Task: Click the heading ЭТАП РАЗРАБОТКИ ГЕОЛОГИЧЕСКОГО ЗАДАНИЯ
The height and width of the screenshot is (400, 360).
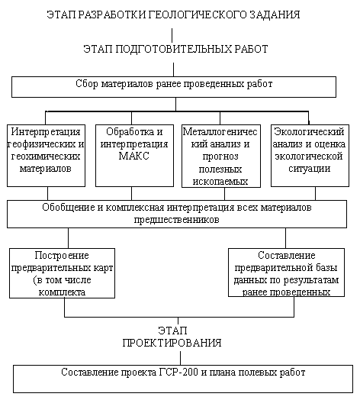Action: pos(173,15)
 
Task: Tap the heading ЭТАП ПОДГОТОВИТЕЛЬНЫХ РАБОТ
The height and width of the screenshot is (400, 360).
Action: pos(175,49)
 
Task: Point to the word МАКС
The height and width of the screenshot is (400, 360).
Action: pos(133,156)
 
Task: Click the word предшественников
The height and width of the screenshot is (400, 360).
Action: pos(176,220)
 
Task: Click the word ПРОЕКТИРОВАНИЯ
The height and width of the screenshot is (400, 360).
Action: pos(172,343)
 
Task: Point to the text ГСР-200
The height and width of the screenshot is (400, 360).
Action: pos(178,373)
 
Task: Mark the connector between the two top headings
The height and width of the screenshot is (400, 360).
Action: pos(172,35)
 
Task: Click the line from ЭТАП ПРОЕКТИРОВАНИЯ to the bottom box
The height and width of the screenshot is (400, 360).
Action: pos(180,358)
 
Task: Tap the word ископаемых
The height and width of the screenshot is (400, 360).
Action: pos(220,182)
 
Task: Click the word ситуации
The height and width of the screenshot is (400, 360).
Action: pos(310,169)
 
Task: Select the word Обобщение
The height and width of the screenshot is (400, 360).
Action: pos(69,207)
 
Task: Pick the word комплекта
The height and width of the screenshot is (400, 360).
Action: pos(62,292)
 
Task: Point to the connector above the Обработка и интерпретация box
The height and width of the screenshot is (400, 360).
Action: pos(131,118)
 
